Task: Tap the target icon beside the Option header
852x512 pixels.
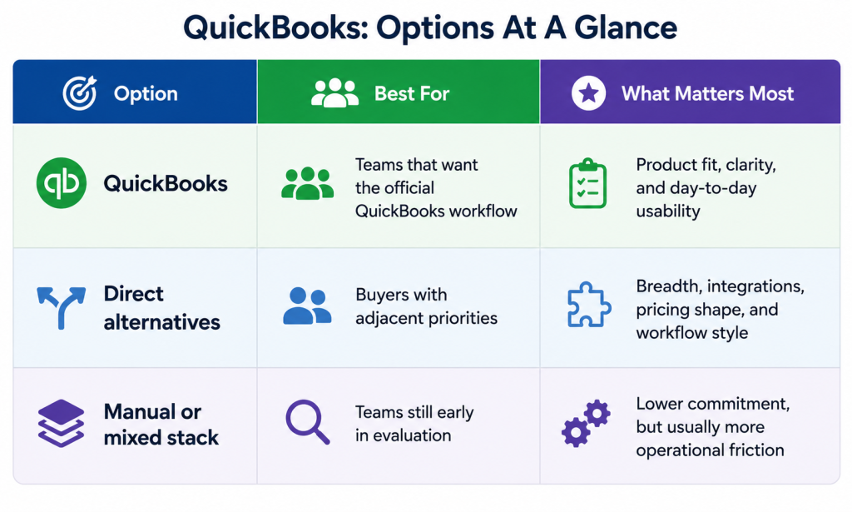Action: pos(80,93)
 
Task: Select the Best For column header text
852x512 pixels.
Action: pos(412,93)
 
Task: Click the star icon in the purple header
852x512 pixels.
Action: pos(588,93)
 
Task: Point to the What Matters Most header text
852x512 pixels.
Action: pos(707,93)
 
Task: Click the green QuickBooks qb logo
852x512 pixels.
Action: pos(62,183)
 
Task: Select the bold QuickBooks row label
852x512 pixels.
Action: pos(166,184)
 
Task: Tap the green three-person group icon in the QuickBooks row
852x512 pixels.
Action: pos(308,183)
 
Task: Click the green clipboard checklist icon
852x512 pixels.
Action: pos(587,184)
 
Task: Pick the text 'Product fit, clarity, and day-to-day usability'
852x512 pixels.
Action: pos(706,187)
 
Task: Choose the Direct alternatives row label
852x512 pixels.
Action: pos(162,308)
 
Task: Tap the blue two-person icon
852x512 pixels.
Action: pos(308,306)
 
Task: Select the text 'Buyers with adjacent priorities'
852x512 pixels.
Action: pos(427,306)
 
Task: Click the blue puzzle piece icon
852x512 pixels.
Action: pos(589,305)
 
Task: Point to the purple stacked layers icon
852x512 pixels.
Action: pos(61,424)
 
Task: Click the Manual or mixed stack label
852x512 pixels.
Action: pos(161,425)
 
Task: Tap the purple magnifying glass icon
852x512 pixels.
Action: pos(308,422)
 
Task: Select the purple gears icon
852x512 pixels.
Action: pos(586,424)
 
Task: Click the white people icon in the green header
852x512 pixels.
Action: pos(334,93)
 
